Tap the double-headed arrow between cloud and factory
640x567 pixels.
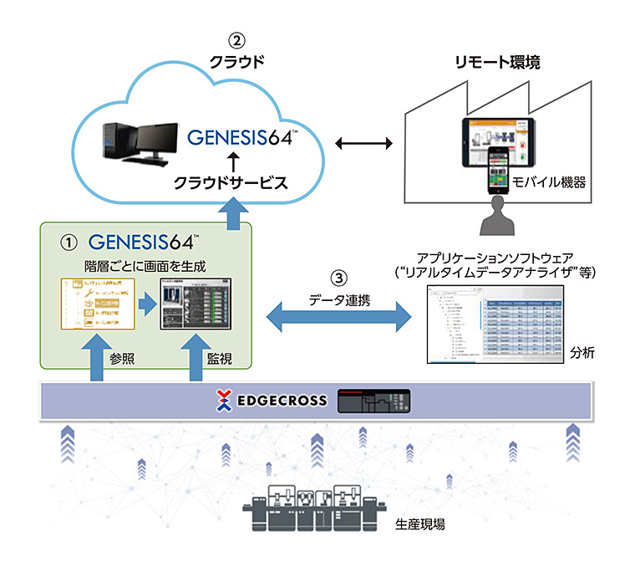pyautogui.click(x=363, y=144)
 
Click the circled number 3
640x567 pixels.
pyautogui.click(x=338, y=277)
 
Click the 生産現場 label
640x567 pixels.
pyautogui.click(x=418, y=524)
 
